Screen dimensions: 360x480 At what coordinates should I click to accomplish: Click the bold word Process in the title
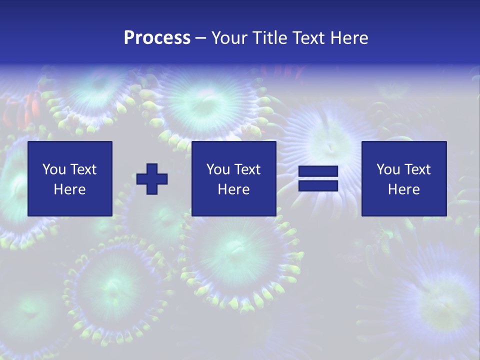tap(157, 37)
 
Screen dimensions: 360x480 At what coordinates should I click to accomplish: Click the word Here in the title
tap(349, 37)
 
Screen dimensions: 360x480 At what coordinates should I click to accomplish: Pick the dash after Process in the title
tap(201, 38)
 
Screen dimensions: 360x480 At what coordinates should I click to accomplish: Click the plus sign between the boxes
tap(152, 179)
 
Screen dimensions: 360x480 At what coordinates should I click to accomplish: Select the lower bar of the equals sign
tap(318, 186)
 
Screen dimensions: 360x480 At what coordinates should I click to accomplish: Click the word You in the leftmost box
tap(54, 169)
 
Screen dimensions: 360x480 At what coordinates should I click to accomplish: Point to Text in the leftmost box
tap(83, 169)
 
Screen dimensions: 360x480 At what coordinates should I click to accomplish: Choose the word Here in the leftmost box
tap(70, 189)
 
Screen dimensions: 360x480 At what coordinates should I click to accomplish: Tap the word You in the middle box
tap(218, 169)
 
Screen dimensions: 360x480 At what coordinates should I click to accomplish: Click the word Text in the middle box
tap(247, 169)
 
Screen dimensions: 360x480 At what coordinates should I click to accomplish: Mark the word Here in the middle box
tap(234, 189)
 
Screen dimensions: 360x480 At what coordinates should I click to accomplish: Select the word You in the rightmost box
tap(388, 169)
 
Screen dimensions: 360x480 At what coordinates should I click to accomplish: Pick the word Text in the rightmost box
tap(417, 169)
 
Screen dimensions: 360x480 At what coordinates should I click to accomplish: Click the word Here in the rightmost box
tap(404, 189)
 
